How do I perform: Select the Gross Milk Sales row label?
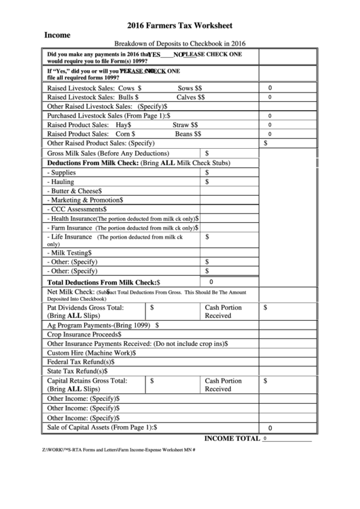108,154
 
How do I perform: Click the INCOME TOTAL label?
232,438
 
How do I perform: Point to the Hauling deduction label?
62,182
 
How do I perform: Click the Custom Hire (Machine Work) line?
91,353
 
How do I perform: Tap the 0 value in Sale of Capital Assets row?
270,428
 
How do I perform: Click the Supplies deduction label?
62,173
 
